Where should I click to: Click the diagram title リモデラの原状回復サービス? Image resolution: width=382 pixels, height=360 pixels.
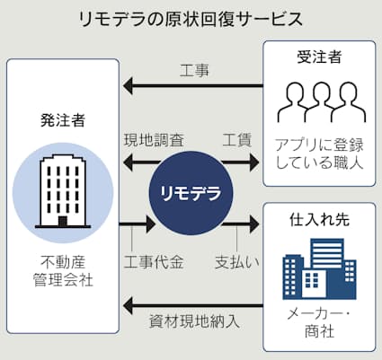[191, 19]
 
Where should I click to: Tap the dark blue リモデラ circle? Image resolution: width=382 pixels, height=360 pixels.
[191, 193]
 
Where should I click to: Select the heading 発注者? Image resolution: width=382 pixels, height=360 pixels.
[63, 120]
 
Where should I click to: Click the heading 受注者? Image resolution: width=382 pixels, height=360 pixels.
[319, 57]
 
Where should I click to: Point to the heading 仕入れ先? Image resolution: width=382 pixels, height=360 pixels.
[319, 219]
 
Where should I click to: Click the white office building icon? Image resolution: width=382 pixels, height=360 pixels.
[63, 191]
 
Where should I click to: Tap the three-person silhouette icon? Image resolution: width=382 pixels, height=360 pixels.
[322, 102]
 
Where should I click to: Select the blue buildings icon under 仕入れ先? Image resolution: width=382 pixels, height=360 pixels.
[319, 268]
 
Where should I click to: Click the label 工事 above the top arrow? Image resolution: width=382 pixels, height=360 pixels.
[194, 71]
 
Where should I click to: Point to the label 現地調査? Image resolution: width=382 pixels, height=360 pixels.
[154, 140]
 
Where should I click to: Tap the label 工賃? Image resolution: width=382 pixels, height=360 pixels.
[236, 140]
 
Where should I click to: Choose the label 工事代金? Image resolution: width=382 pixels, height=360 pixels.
[154, 262]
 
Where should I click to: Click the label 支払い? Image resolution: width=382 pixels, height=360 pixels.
[237, 262]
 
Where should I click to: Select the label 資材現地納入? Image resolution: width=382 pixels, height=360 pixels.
[194, 321]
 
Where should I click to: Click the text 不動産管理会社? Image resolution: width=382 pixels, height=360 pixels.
[63, 271]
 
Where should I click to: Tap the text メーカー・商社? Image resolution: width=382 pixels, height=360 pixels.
[319, 322]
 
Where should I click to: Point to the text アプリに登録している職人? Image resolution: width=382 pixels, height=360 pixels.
[319, 154]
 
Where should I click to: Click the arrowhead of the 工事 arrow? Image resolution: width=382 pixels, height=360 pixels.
[128, 86]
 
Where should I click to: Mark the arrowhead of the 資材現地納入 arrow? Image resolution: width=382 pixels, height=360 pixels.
[128, 306]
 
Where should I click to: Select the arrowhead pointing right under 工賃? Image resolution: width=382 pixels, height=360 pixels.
[254, 162]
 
